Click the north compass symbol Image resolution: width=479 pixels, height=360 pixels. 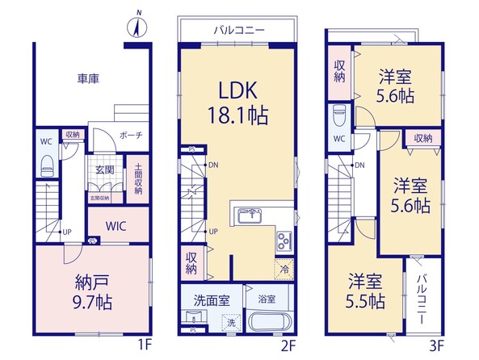tap(137, 26)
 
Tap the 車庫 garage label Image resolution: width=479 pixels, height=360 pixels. tap(88, 79)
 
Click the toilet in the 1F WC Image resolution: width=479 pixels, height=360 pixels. tap(47, 165)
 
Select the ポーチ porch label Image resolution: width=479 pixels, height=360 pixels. tap(131, 136)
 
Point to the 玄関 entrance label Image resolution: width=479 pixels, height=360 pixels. tap(105, 170)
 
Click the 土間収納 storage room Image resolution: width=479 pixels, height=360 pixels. tap(138, 179)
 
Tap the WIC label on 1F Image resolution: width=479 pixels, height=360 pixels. tap(116, 226)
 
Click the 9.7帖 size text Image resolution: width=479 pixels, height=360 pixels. tap(92, 303)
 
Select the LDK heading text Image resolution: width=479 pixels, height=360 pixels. tap(238, 90)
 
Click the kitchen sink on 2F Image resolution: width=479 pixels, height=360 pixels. tap(250, 216)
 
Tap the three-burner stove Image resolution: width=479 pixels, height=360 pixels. tap(284, 241)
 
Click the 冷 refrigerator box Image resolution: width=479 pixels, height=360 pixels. tap(284, 270)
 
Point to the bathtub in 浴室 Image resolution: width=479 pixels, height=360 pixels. tap(268, 320)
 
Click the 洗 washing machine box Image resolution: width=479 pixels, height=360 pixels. tap(231, 322)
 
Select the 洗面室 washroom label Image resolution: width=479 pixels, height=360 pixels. tap(212, 301)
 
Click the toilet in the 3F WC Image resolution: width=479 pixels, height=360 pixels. tap(339, 115)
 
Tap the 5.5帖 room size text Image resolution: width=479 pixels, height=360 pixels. tap(365, 302)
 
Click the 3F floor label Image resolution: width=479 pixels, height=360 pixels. tap(436, 346)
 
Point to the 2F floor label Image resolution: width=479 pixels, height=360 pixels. tap(288, 346)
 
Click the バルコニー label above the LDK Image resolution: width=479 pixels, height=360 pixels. tap(239, 30)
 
